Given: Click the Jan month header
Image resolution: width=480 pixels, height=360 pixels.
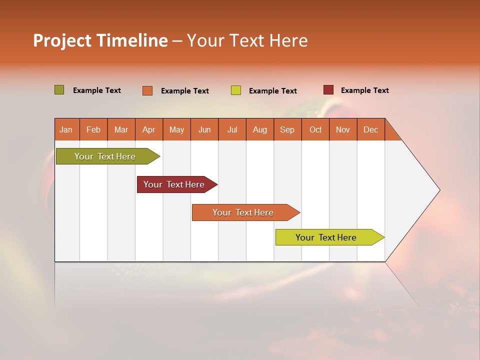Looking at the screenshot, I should point(66,129).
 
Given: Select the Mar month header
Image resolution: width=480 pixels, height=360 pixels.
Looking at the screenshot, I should point(121,129).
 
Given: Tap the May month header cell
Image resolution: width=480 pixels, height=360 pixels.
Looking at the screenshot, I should point(176,129).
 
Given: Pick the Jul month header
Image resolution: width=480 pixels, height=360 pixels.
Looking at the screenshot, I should point(232,129).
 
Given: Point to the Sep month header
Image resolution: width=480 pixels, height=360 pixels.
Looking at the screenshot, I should point(287,129).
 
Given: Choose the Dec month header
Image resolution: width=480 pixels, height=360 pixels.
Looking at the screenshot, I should point(370,129).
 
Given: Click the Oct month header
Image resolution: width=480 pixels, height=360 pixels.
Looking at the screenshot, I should point(315,129).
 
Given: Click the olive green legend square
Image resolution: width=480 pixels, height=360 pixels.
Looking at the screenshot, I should point(59,90).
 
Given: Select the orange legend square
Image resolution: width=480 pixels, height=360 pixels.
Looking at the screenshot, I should point(147,90).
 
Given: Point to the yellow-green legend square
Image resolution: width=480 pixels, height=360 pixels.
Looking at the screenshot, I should point(235,90).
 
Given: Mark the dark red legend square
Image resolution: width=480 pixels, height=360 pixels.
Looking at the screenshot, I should point(328,90).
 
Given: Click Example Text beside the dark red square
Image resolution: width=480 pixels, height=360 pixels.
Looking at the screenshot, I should point(364,90).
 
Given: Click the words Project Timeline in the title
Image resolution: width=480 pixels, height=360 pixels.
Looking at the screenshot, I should point(100,40).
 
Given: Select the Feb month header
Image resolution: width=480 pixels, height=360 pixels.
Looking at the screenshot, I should point(93,129).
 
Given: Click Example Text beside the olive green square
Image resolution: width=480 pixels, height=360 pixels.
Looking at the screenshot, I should point(96,90).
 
